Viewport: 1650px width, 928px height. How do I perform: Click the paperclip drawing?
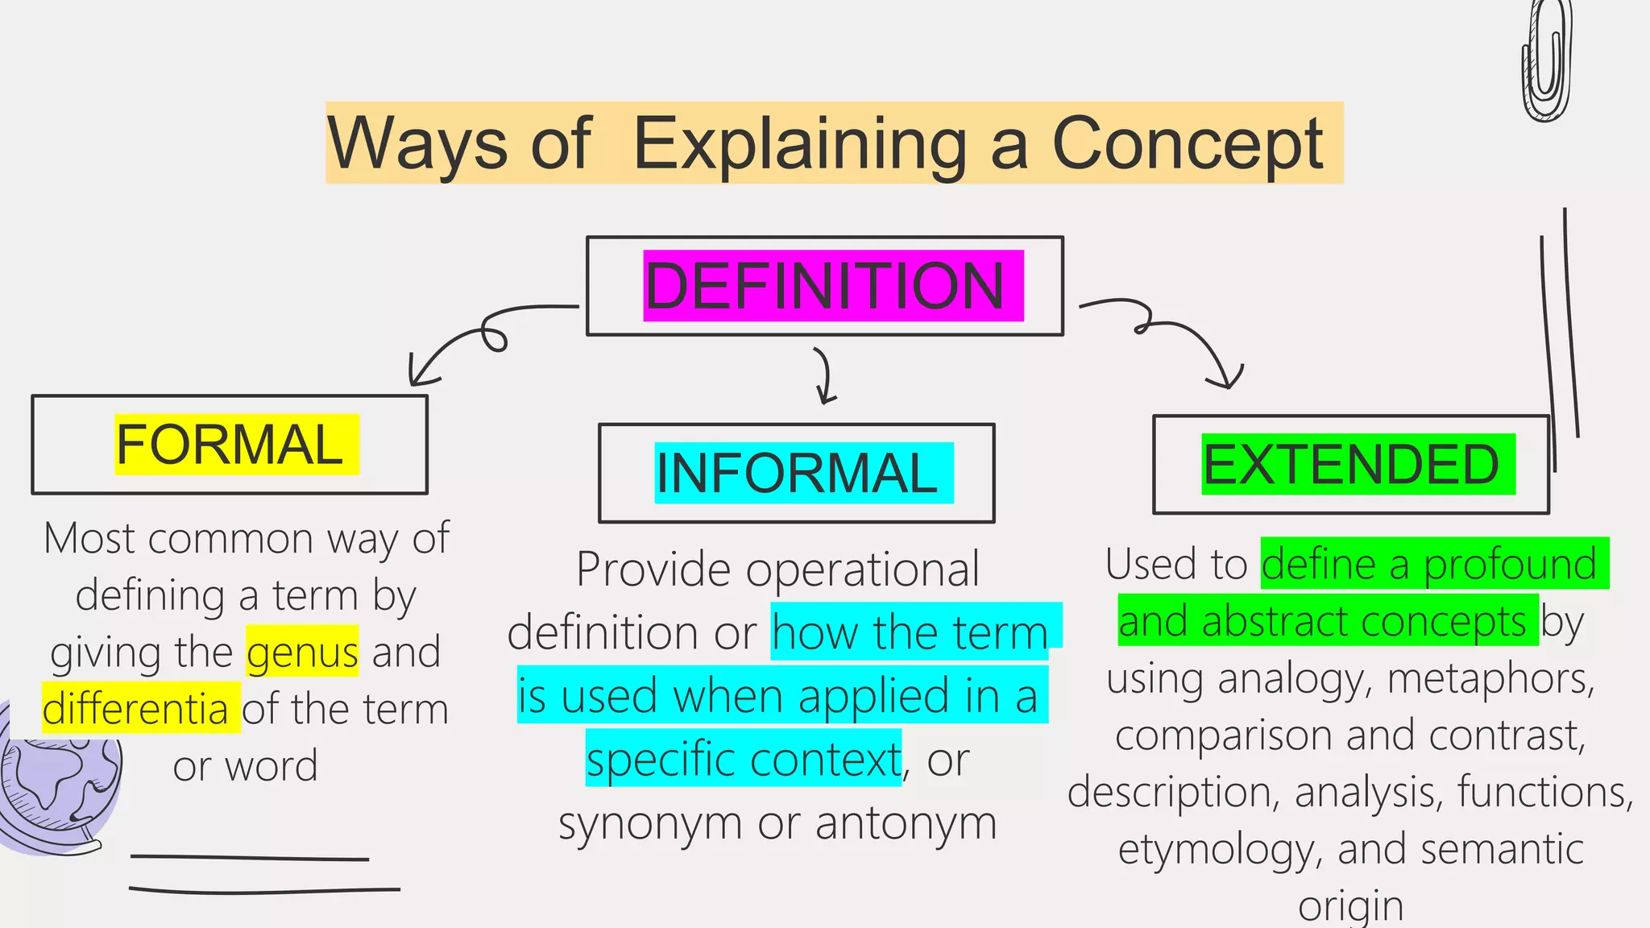tap(1546, 60)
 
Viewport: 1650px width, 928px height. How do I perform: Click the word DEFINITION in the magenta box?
tap(825, 286)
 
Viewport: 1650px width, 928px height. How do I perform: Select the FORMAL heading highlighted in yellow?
tap(230, 445)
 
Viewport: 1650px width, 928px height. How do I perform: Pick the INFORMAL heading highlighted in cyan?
tap(797, 473)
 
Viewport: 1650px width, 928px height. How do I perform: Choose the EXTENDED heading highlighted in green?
tap(1351, 464)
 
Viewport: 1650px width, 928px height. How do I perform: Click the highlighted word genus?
tap(302, 652)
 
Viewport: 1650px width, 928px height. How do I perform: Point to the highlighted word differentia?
tap(135, 709)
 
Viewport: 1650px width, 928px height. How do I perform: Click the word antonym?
tap(906, 823)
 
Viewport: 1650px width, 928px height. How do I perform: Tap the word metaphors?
tap(1490, 678)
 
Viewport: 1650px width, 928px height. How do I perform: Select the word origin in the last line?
tap(1350, 905)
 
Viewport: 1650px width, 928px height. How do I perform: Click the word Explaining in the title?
tap(799, 143)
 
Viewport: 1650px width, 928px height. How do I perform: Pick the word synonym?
tap(652, 823)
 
